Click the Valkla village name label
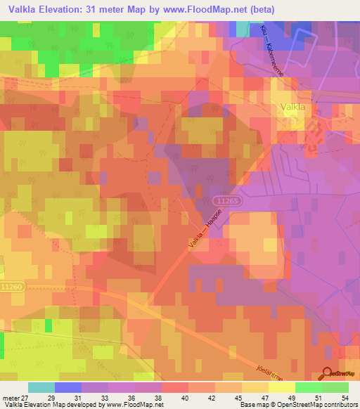292,108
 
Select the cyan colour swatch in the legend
41,387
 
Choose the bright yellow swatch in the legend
281,387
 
